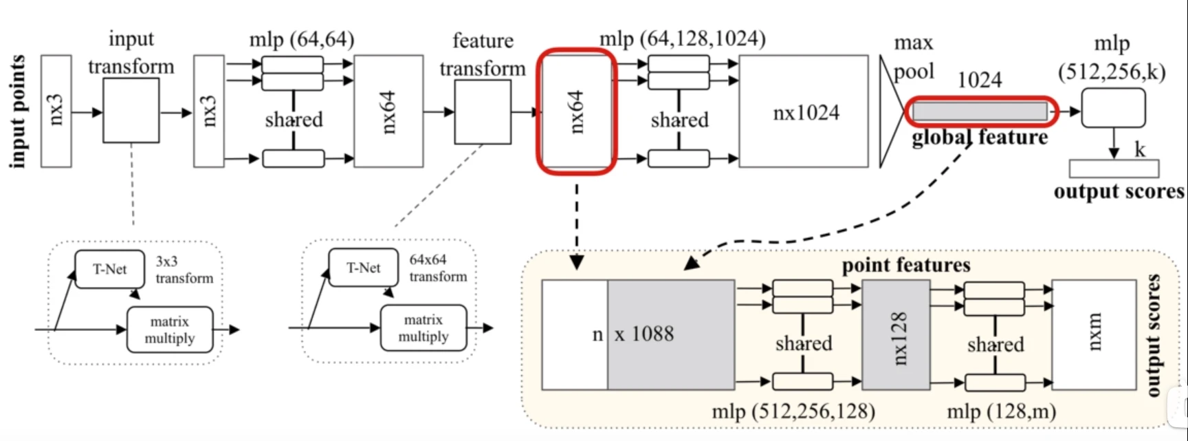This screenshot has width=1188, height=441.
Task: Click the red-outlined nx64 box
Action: click(x=577, y=111)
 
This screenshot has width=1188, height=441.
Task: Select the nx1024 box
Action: click(x=804, y=111)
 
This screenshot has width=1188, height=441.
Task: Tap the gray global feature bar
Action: click(x=980, y=111)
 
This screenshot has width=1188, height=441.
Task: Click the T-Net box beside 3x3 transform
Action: click(x=110, y=269)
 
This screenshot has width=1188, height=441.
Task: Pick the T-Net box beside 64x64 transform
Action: click(x=364, y=268)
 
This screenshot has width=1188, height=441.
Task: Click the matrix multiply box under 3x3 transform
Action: click(x=170, y=330)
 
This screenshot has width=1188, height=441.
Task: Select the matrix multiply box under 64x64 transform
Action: click(x=423, y=328)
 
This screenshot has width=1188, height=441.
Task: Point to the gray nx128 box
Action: click(x=895, y=335)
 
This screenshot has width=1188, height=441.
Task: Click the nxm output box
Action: click(x=1094, y=335)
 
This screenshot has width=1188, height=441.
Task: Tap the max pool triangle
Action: click(x=893, y=111)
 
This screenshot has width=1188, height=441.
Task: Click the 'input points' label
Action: click(x=18, y=111)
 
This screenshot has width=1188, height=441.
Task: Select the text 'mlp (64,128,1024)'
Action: click(x=683, y=39)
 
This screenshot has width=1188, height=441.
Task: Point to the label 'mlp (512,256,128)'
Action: click(x=793, y=411)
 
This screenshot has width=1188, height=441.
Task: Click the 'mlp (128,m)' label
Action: click(x=1002, y=411)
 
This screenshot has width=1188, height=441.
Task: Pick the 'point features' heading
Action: click(x=906, y=266)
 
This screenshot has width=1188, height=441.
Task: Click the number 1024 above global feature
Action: click(x=980, y=80)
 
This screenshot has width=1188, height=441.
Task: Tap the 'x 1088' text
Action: click(x=644, y=334)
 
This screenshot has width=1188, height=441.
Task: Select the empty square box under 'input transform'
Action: click(x=131, y=110)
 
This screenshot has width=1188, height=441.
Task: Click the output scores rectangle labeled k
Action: click(x=1114, y=169)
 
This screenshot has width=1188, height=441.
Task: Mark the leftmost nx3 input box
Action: click(x=56, y=111)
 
